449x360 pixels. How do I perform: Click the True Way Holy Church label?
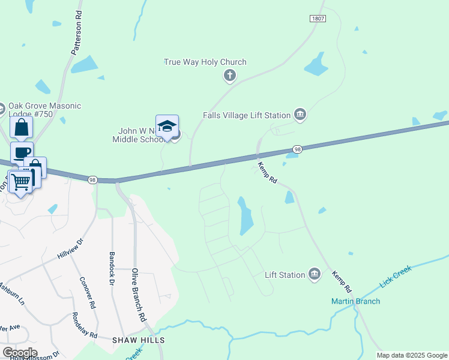205,62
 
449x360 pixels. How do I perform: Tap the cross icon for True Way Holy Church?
229,76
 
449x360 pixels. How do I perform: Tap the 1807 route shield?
318,19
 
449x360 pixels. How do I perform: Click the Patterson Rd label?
76,34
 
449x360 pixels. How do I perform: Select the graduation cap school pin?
167,127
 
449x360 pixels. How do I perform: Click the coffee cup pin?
22,152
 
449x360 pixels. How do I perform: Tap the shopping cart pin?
20,181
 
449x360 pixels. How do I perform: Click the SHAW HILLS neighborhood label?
139,340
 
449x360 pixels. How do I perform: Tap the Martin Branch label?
355,301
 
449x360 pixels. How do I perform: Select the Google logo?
19,353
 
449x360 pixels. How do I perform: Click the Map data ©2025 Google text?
412,355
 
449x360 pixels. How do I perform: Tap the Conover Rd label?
88,292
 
